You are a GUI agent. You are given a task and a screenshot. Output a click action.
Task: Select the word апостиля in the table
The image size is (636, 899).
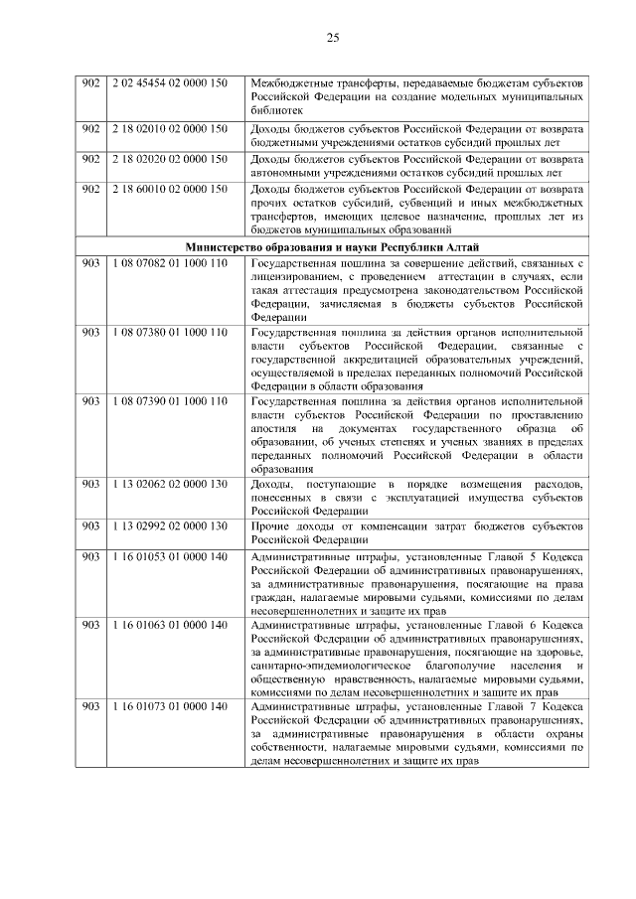[274, 426]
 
